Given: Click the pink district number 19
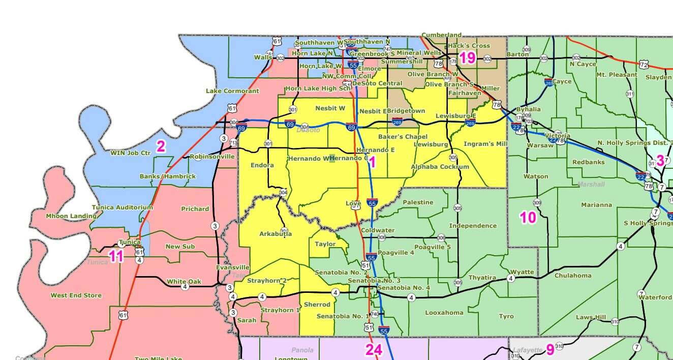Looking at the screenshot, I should pos(467,58).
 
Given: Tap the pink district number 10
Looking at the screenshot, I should pos(528,218).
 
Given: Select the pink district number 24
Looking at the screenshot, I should pos(374,349).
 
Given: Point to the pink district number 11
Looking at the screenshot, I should pos(116,256).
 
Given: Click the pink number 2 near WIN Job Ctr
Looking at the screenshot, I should pos(161,147).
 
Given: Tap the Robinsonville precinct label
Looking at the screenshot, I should pos(212,157).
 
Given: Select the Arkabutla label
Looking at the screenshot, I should pos(276,234).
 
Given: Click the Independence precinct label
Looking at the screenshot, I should pos(473,225).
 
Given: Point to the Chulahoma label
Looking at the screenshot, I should pos(573,275).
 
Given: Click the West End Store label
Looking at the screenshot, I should pos(76,295).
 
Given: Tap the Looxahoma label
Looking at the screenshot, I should pos(444,313).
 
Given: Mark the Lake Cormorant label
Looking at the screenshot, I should pos(232,91).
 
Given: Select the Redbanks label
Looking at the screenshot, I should pos(588,162).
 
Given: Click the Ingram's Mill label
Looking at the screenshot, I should pos(485,144).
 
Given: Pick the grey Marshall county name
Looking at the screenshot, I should pos(590,184).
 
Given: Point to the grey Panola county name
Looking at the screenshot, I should pos(302,350).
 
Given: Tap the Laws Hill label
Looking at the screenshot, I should pos(591,317).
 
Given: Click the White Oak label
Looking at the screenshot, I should pos(184,281).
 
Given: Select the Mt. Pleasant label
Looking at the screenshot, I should pos(616,74).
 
